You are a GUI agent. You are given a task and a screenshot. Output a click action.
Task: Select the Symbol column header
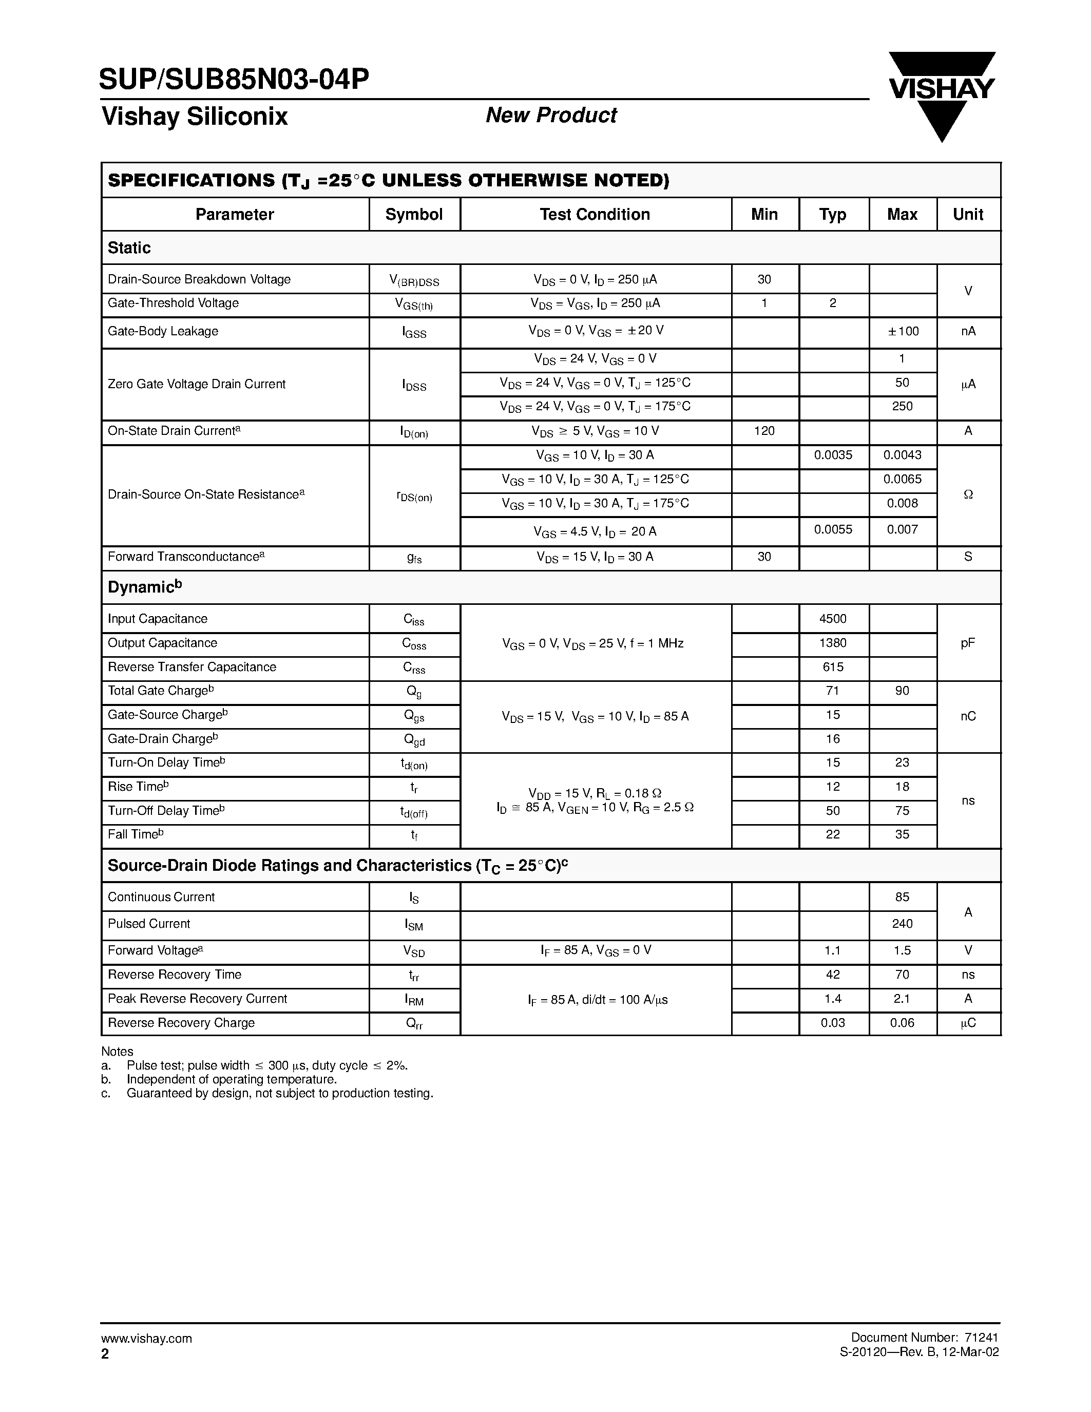[x=414, y=215]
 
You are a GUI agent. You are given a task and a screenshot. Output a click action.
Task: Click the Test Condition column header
[x=595, y=215]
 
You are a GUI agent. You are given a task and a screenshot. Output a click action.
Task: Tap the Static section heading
[x=129, y=247]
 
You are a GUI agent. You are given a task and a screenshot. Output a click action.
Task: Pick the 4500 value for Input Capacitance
[x=832, y=619]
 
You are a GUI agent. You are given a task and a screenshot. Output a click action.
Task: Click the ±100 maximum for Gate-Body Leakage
[x=902, y=332]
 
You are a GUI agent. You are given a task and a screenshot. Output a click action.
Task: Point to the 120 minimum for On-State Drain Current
[x=764, y=431]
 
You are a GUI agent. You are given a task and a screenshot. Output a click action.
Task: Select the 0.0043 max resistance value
[x=902, y=455]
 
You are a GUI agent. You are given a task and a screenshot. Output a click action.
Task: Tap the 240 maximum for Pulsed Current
[x=902, y=924]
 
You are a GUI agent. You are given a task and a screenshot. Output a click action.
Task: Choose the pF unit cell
[x=968, y=643]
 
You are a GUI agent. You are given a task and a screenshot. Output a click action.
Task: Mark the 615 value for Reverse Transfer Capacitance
[x=832, y=667]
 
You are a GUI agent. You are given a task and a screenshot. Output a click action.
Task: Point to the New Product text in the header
[x=551, y=116]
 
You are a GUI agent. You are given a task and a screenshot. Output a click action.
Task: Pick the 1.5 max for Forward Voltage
[x=902, y=950]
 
